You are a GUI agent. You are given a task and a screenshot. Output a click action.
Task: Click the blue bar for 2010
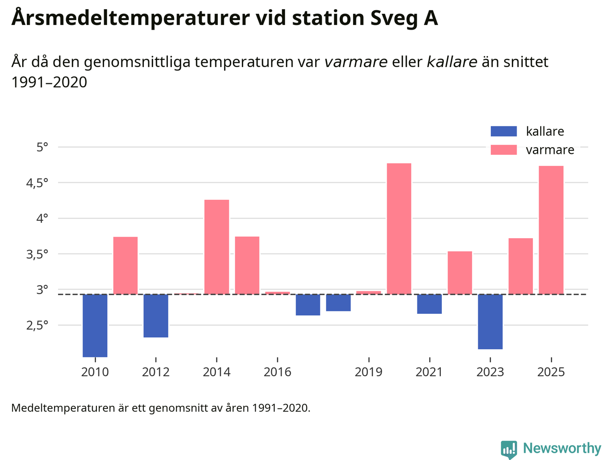[x=95, y=325]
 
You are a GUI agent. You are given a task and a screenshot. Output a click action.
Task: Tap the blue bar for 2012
[x=156, y=316]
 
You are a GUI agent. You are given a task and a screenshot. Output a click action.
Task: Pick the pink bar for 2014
[x=217, y=247]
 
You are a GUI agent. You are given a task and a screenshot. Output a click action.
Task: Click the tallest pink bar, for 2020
[x=399, y=229]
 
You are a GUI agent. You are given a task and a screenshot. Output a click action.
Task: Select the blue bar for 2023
[x=490, y=322]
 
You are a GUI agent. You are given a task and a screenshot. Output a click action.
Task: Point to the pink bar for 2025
[x=551, y=230]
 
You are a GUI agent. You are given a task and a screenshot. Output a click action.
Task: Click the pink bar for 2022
[x=460, y=273]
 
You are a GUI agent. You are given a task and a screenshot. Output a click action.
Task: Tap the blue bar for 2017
[x=308, y=305]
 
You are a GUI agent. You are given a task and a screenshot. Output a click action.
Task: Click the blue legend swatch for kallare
[x=504, y=131]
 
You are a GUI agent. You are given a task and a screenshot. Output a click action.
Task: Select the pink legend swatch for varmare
[x=504, y=150]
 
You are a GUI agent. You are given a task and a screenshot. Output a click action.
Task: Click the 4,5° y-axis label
[x=37, y=183]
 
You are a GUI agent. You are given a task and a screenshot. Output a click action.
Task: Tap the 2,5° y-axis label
[x=37, y=326]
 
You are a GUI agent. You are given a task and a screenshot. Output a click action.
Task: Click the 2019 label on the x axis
[x=368, y=372]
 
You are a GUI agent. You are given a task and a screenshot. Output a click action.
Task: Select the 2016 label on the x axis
[x=277, y=372]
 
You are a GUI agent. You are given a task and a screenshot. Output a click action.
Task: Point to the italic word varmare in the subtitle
[x=356, y=62]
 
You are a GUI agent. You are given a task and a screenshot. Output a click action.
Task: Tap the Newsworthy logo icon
[x=509, y=449]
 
